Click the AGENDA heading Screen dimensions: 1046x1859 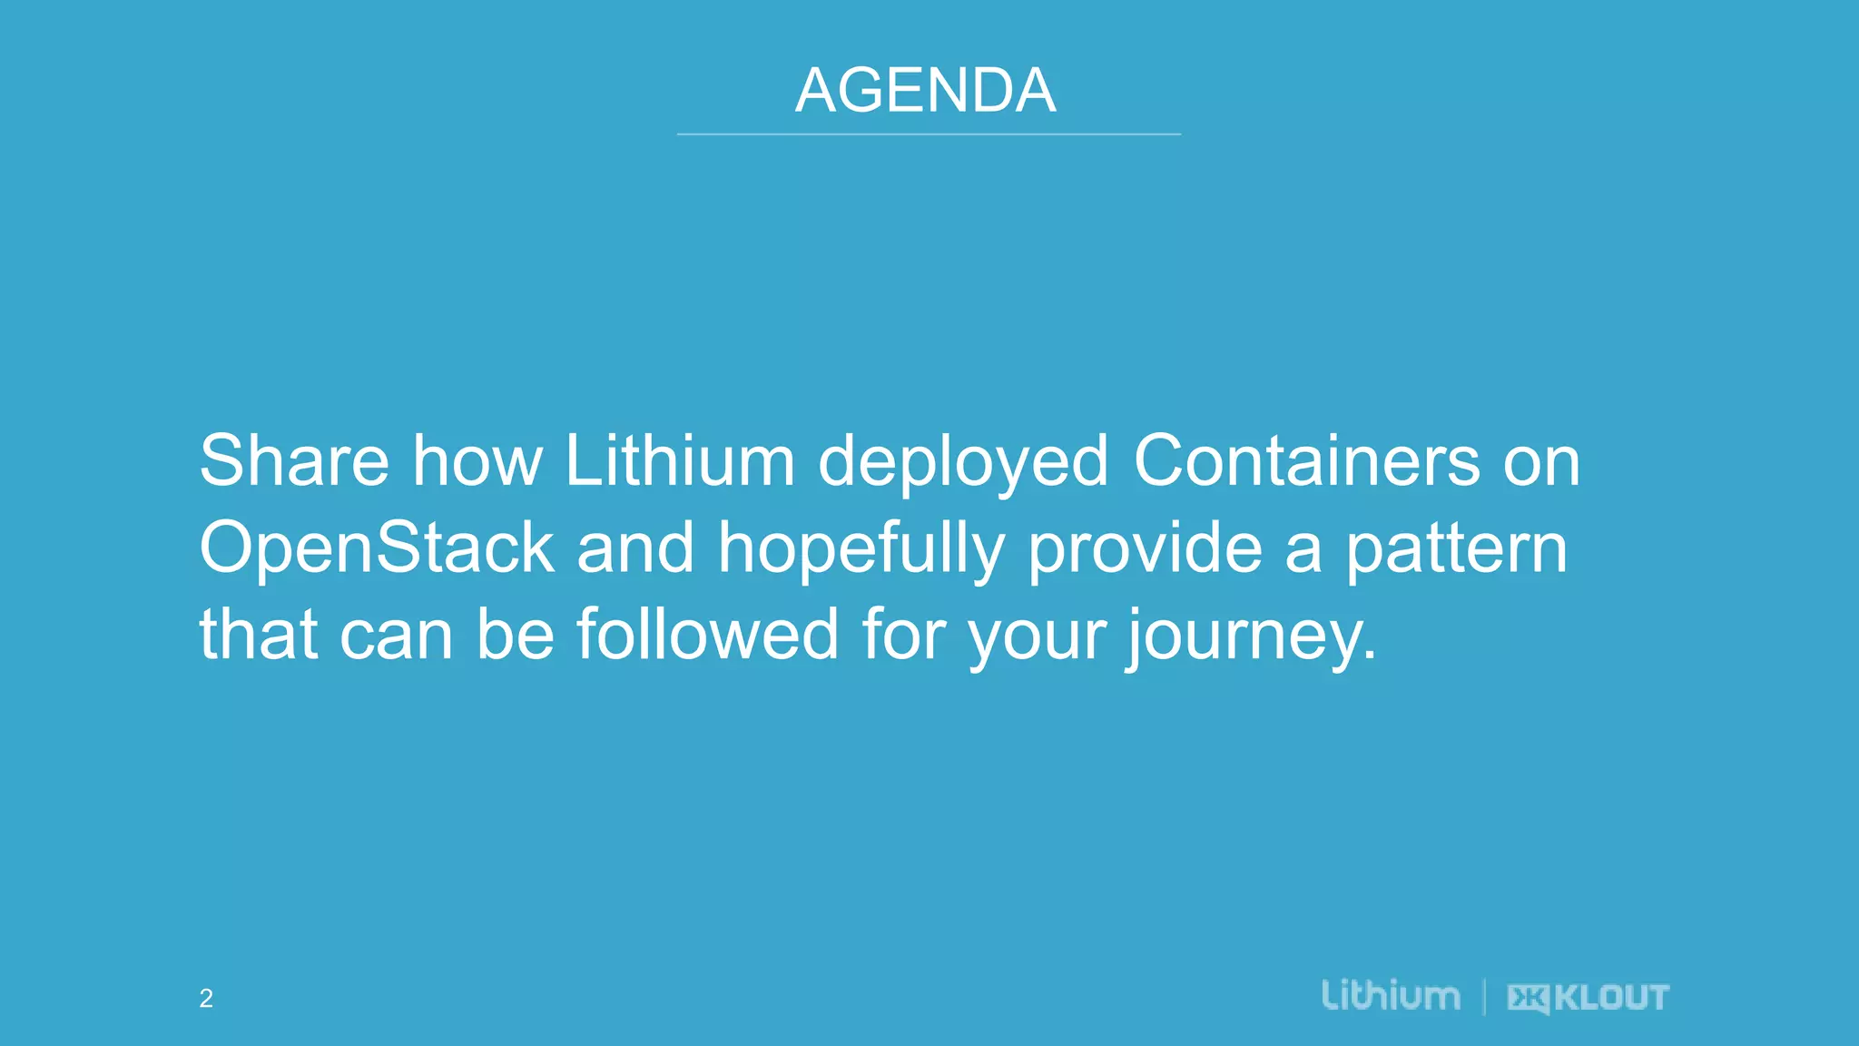(x=926, y=91)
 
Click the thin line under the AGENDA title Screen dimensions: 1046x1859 (x=928, y=134)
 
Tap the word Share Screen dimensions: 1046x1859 (x=294, y=460)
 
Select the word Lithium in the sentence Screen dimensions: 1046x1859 (x=680, y=460)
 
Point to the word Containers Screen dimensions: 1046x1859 (x=1306, y=460)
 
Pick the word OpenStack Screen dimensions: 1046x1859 (x=377, y=548)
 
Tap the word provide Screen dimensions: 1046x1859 (x=1145, y=548)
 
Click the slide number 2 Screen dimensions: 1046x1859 (x=206, y=999)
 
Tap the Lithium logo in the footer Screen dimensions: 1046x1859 (x=1391, y=995)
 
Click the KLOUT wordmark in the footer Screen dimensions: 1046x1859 (x=1611, y=998)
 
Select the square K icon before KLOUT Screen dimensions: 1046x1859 (x=1529, y=999)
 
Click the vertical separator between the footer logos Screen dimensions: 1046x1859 (x=1484, y=997)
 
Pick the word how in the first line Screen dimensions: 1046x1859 (x=477, y=460)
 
